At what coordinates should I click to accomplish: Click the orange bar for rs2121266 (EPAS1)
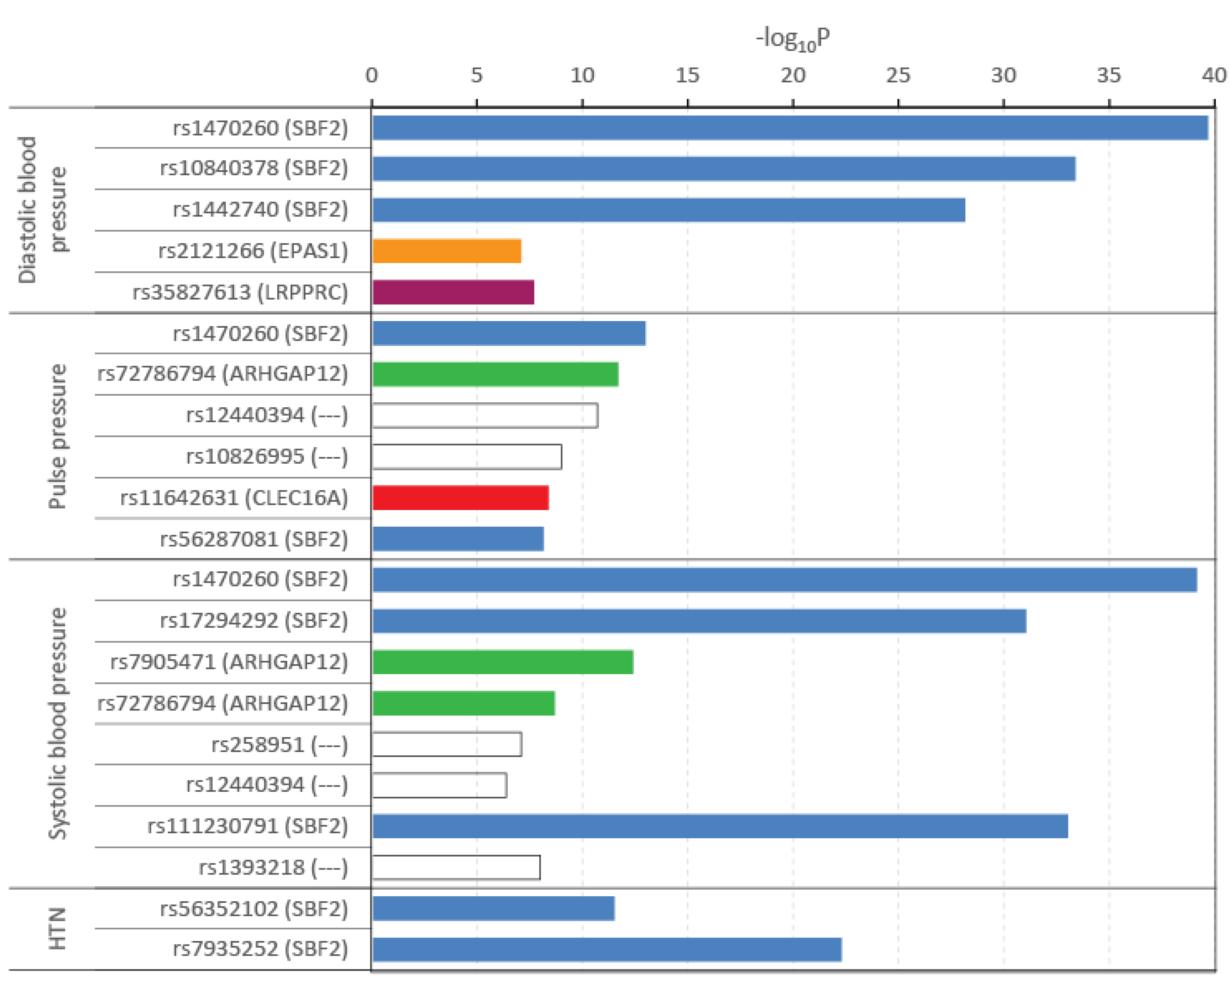pos(447,251)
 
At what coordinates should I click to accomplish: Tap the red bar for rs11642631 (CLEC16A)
pos(460,498)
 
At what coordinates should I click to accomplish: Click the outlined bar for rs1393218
pos(456,868)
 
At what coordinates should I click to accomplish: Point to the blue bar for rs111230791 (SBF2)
pos(720,826)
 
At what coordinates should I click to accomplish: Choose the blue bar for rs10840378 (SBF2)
pos(723,169)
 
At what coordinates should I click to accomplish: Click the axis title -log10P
pos(793,39)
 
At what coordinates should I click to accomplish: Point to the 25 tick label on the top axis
pos(898,75)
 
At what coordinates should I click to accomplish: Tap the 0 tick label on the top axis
pos(371,75)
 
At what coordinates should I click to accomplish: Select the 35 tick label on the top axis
pos(1108,75)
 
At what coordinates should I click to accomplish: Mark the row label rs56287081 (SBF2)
pos(254,539)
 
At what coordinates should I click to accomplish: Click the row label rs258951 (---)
pos(280,744)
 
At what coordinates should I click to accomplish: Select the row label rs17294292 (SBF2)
pos(254,621)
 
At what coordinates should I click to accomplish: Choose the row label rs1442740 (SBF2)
pos(260,209)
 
